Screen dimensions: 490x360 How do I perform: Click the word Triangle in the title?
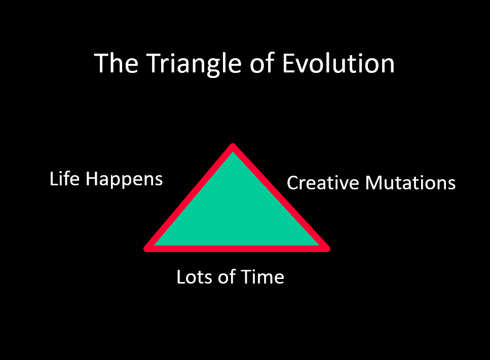tap(194, 64)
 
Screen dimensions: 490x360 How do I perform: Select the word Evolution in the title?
tap(338, 63)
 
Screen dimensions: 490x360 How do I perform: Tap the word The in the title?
tap(116, 63)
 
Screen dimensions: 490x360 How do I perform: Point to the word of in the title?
tap(262, 63)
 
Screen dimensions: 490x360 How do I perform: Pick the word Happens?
tap(124, 180)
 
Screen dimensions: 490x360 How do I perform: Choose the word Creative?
tap(323, 183)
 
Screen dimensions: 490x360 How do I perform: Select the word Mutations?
tap(410, 183)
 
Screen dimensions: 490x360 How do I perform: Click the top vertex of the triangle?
tap(233, 146)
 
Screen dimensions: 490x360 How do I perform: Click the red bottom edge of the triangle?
tap(237, 249)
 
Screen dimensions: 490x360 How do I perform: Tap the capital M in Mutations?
tap(373, 183)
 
